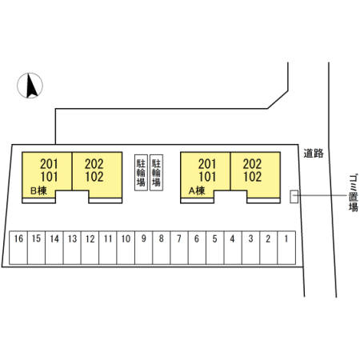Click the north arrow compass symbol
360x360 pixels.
point(30,86)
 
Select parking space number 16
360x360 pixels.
point(18,248)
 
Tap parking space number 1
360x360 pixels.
point(286,248)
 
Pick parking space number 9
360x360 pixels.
point(144,248)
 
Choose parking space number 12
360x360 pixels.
point(90,248)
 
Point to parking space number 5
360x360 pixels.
point(215,248)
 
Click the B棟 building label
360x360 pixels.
point(39,190)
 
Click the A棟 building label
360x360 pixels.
point(197,190)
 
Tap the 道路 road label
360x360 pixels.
point(314,154)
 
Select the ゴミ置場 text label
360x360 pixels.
point(354,193)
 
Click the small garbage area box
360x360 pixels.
point(294,197)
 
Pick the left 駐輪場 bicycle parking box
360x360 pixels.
point(141,173)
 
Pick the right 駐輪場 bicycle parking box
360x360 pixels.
point(156,173)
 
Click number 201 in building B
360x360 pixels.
point(49,164)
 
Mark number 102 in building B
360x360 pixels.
point(94,177)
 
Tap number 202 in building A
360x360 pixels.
point(252,164)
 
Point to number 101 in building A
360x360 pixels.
point(207,177)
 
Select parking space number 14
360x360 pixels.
point(54,248)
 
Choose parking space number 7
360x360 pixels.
point(179,248)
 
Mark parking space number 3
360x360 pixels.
point(250,248)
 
